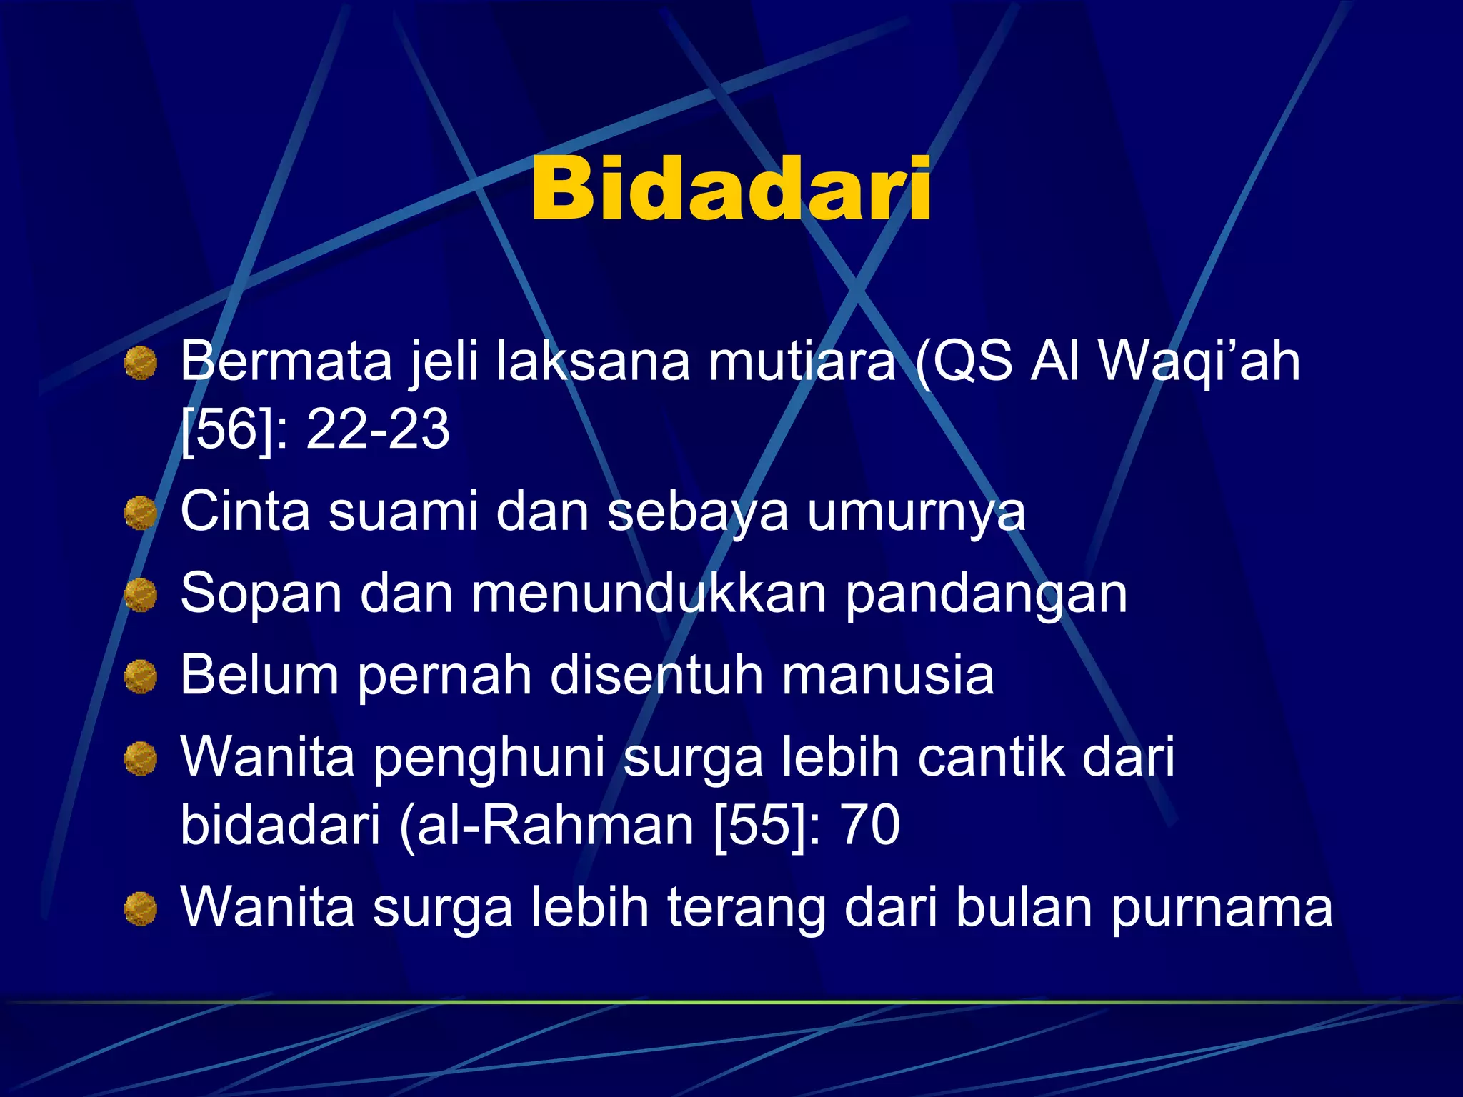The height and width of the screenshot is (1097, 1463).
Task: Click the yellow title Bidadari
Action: point(731,189)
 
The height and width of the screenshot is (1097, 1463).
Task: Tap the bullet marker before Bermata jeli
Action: point(141,363)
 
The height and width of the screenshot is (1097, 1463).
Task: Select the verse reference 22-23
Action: point(378,429)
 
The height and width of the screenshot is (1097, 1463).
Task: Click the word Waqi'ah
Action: point(1199,361)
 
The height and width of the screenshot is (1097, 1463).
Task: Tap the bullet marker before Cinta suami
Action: point(141,514)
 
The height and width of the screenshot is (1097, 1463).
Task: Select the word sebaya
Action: point(698,512)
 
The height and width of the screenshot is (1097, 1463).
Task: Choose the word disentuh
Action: point(656,675)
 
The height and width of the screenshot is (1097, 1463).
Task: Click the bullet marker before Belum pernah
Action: point(141,676)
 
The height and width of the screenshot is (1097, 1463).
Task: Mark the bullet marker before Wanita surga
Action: point(141,909)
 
